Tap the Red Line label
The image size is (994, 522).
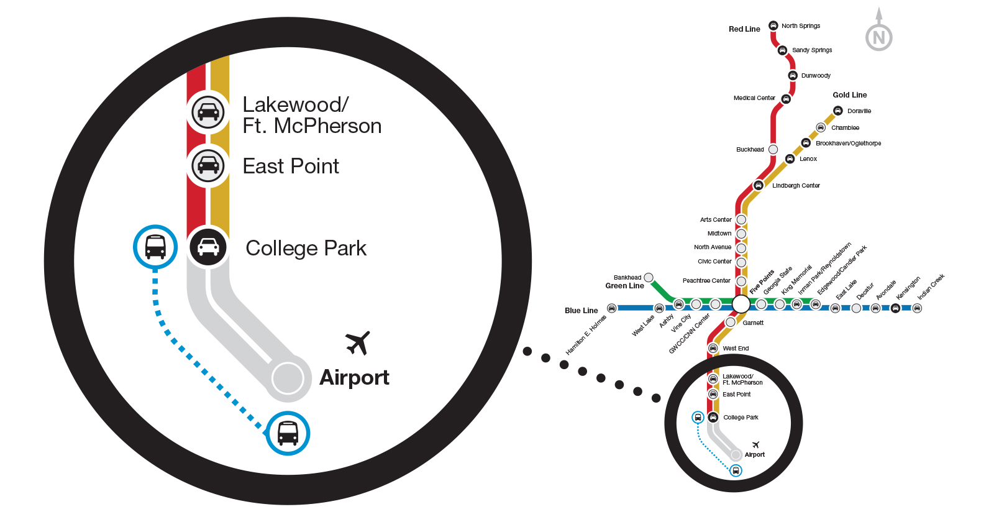[x=744, y=29]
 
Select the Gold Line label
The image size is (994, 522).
[x=849, y=95]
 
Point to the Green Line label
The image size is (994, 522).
[x=624, y=286]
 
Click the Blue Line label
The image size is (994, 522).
[x=581, y=311]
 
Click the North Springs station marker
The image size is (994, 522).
[x=773, y=25]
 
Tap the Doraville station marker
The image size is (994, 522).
[x=837, y=111]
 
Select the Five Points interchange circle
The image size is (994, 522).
[x=741, y=304]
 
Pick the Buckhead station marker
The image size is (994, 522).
[x=773, y=149]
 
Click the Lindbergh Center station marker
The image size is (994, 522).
[x=758, y=185]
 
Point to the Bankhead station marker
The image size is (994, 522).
[x=649, y=277]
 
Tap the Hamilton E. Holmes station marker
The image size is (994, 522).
[x=611, y=308]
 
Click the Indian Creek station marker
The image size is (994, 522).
[x=917, y=308]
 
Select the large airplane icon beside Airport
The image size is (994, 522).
[x=358, y=342]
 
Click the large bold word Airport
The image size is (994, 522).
[x=354, y=378]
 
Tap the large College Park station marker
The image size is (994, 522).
[x=208, y=247]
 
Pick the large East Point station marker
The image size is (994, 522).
[x=208, y=165]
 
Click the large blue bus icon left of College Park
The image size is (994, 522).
[x=155, y=247]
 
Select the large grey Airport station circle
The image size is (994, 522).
[x=288, y=378]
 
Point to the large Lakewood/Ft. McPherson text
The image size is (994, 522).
[x=311, y=116]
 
